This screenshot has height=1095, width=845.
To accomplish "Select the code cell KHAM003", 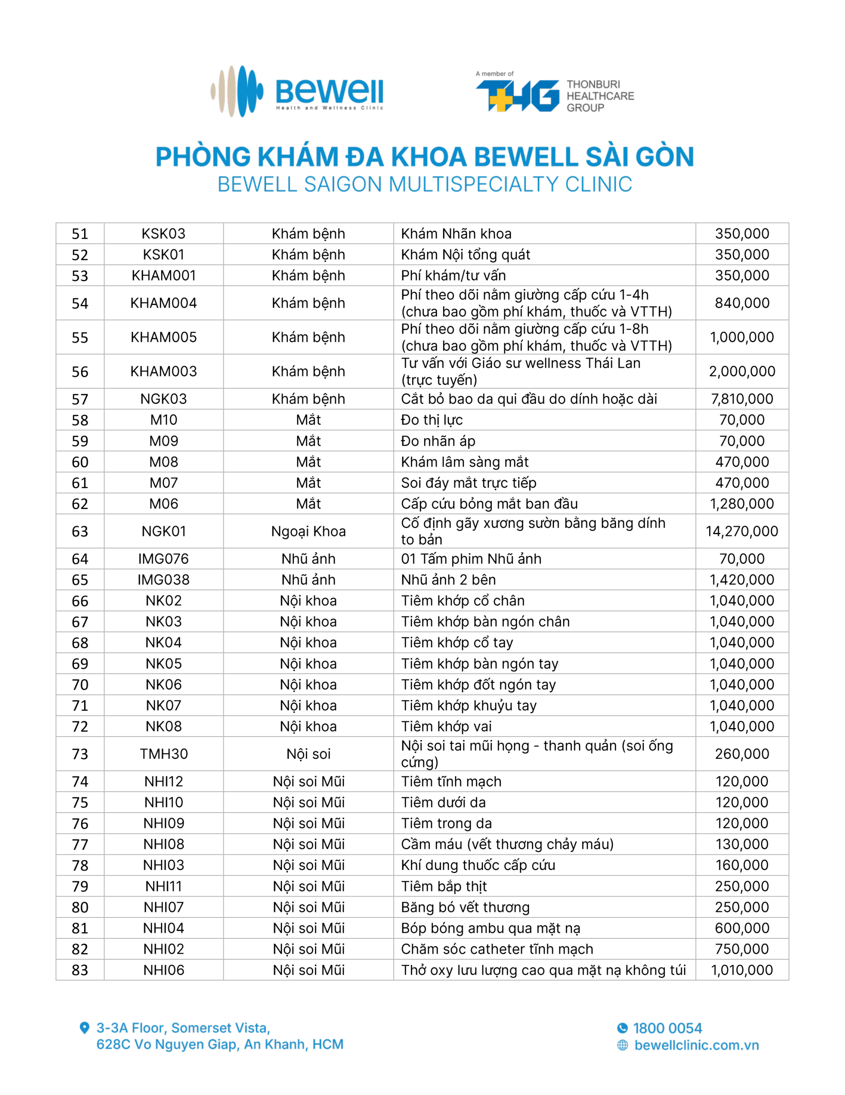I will pos(163,372).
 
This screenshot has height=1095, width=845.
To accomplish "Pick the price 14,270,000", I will pos(741,531).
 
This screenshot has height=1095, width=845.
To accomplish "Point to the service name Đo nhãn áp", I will pos(438,441).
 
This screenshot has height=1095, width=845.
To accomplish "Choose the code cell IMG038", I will pos(163,580).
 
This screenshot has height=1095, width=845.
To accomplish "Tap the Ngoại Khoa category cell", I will pos(308,531).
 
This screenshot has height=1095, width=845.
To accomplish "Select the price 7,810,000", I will pos(741,399).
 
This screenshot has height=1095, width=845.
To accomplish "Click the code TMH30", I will pos(163,754).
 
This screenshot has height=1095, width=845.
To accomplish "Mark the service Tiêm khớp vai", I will pos(446,726).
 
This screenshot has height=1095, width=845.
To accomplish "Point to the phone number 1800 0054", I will pos(667,1028).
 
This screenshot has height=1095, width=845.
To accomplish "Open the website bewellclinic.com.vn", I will pos(696,1045).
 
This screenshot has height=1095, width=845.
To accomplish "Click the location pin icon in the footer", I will pos(85,1028).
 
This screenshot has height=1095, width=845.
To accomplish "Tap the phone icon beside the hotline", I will pos(622,1028).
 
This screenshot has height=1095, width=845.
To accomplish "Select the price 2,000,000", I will pos(741,372).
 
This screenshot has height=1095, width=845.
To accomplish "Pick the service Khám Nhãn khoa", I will pos(456,234).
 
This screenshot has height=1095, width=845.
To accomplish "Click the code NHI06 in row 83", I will pos(163,970).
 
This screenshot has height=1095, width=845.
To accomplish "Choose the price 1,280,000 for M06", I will pos(741,504).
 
